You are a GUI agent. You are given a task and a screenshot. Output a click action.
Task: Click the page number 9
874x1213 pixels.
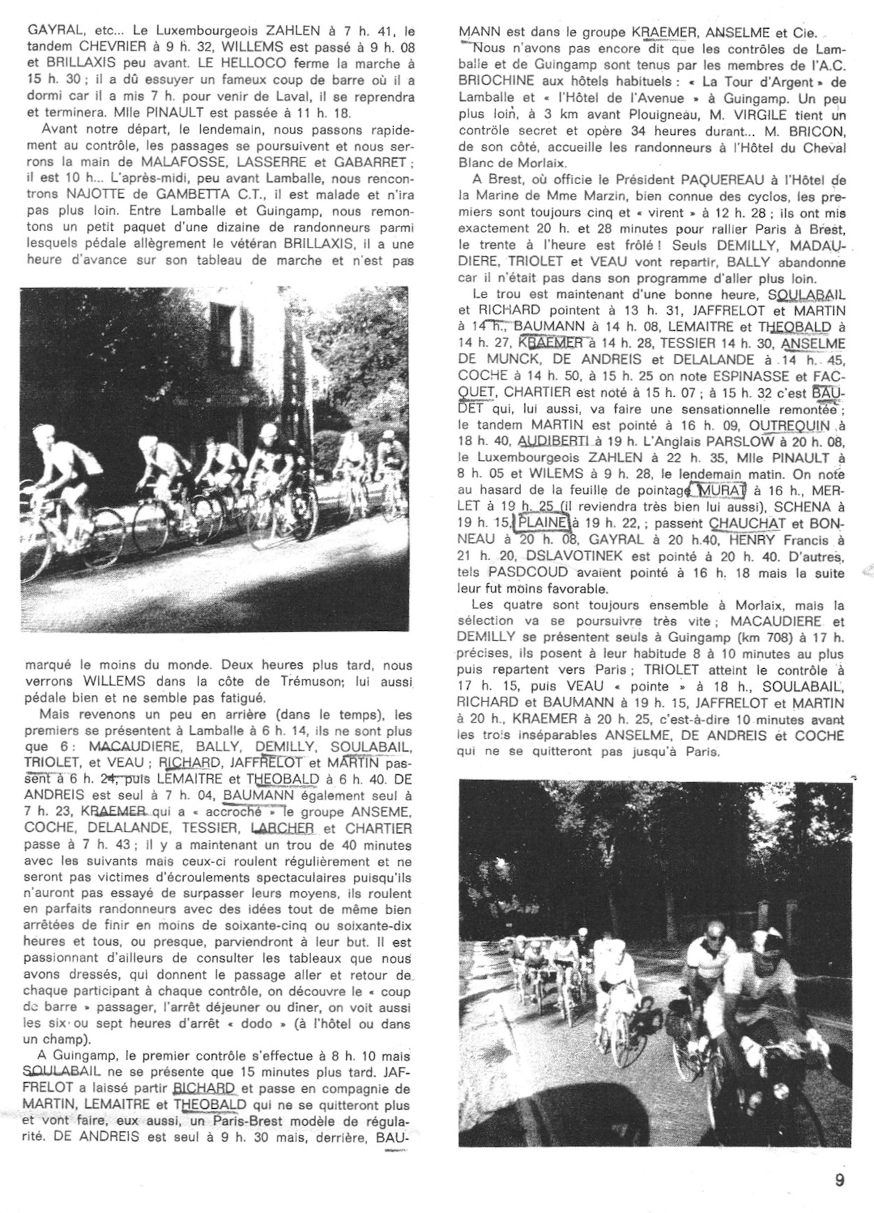(840, 1179)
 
